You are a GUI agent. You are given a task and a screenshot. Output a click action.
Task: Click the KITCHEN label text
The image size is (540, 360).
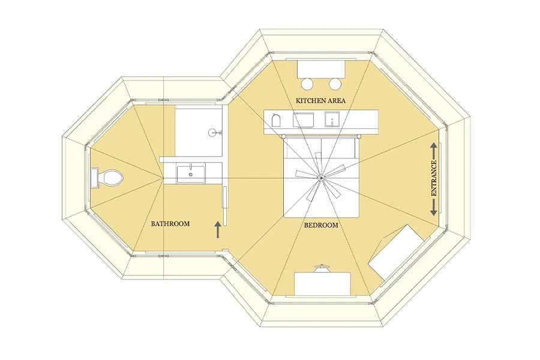pos(311,101)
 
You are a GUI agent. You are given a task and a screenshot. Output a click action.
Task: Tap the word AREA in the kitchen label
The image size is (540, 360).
pos(337,101)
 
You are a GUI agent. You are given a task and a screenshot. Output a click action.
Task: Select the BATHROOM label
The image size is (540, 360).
pos(170,224)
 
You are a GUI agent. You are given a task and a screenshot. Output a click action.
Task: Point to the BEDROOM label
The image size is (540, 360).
pos(321,226)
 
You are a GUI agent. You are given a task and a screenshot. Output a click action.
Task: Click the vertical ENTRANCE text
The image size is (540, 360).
pos(434,178)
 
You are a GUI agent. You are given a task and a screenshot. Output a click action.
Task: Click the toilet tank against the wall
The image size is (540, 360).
pos(95,178)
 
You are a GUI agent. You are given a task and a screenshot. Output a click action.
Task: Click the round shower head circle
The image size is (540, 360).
pos(213,132)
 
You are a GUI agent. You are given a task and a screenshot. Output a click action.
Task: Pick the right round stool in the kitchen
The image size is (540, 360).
pos(334,84)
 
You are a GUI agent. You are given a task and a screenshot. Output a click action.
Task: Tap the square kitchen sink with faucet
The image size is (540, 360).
pos(332,119)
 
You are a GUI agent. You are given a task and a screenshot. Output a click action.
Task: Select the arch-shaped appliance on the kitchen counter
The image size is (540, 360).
pos(277,120)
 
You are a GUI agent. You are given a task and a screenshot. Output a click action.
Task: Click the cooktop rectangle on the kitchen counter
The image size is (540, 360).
pos(304,119)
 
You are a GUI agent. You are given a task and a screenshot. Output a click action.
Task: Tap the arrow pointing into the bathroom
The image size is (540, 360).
pos(218,230)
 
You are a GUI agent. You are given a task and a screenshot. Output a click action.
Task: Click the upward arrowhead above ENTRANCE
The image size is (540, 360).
pos(434,146)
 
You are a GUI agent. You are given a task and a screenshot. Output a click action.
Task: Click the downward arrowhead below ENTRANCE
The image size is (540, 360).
pos(434,212)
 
